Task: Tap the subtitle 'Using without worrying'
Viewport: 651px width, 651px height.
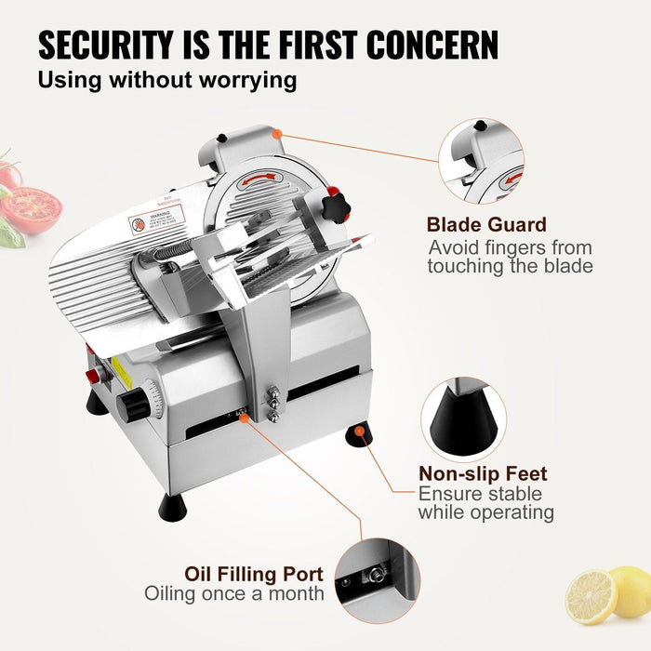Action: tap(167, 80)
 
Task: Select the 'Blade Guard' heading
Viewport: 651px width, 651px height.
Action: tap(486, 224)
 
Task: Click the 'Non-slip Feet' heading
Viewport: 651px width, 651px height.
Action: tap(483, 474)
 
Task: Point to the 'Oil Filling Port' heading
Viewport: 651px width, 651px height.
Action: tap(252, 574)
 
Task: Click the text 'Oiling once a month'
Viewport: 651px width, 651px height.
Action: tap(233, 593)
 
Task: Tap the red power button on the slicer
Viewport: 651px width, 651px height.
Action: tap(92, 377)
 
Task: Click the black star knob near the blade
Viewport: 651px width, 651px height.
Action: tap(335, 201)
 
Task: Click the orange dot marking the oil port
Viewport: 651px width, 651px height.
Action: tap(244, 418)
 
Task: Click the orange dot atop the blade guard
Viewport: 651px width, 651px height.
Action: tap(276, 134)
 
